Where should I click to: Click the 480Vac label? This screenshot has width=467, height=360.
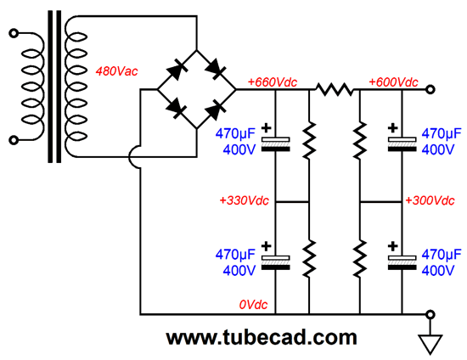click(x=117, y=71)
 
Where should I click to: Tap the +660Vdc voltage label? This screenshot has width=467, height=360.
click(x=273, y=82)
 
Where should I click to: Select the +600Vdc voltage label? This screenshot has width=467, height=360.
click(x=393, y=82)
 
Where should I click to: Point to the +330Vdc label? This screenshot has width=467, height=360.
click(x=245, y=200)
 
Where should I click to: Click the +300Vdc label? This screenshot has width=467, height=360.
click(x=430, y=200)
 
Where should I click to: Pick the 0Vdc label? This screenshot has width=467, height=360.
click(x=253, y=305)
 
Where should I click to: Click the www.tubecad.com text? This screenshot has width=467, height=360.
click(x=262, y=338)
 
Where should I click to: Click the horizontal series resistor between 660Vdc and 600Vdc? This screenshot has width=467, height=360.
click(x=335, y=89)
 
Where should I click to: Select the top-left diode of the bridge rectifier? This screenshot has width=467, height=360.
click(x=177, y=70)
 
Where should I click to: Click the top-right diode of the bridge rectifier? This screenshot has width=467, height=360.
click(x=216, y=70)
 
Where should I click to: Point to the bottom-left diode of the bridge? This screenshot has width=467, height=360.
click(x=177, y=109)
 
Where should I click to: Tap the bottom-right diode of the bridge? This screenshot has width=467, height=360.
click(x=216, y=109)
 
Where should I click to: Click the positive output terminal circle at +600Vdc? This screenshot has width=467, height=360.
click(x=430, y=89)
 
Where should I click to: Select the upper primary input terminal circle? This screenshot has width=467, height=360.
click(x=14, y=33)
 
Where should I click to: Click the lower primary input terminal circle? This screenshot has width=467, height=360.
click(x=14, y=140)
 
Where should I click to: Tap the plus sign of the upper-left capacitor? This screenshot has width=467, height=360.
click(x=267, y=128)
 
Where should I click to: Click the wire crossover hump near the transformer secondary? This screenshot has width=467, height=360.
click(x=132, y=157)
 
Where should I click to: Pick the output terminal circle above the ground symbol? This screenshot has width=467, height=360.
click(x=430, y=314)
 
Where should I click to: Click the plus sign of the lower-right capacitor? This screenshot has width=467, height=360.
click(x=393, y=246)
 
